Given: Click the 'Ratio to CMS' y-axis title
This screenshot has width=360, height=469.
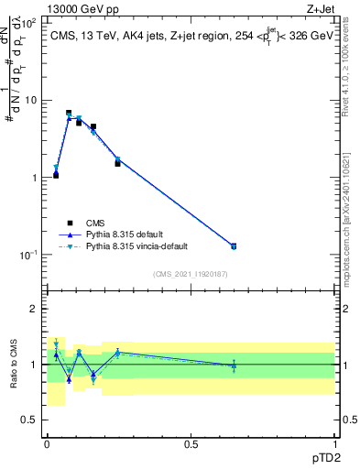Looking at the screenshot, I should point(14,365).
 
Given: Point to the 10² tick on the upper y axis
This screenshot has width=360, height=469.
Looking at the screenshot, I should point(28,23).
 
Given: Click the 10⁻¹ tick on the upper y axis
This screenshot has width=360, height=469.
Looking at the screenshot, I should point(28,255).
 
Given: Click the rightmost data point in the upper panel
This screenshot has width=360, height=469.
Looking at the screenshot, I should point(234,245).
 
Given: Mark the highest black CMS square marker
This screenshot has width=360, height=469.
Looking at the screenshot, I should point(69,114).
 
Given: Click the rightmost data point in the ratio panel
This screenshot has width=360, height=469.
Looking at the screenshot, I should point(234,365).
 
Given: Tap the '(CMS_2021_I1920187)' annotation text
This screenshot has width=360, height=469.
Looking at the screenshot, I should point(190,274).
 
